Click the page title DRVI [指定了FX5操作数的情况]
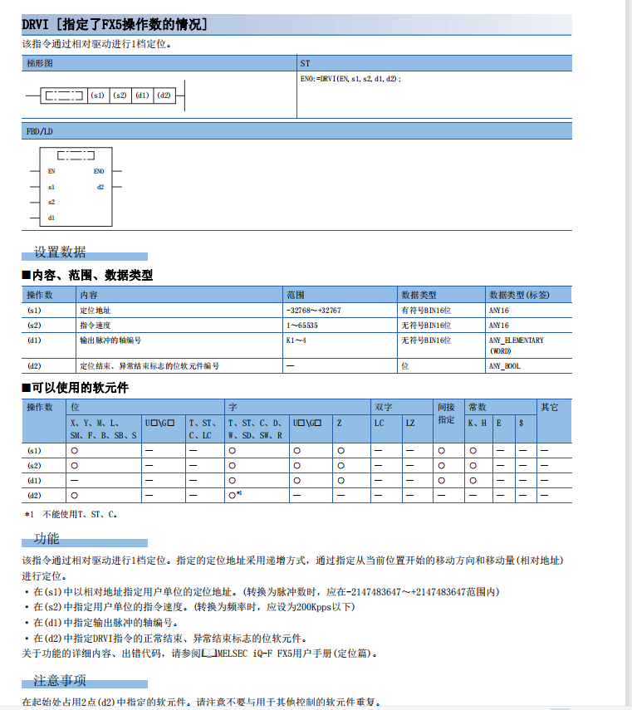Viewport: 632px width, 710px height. tap(115, 25)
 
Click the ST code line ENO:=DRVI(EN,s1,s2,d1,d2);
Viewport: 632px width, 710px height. tap(350, 79)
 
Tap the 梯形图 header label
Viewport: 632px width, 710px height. tap(40, 63)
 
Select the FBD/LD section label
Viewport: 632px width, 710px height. tap(40, 131)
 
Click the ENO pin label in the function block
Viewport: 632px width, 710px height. tap(99, 172)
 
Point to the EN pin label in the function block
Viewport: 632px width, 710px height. tap(51, 172)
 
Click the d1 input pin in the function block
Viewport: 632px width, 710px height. tap(51, 218)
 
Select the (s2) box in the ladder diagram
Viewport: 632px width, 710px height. tap(120, 95)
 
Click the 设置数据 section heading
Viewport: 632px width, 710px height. tap(59, 252)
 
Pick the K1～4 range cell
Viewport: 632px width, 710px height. tap(296, 340)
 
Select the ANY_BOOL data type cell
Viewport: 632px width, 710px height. tap(505, 365)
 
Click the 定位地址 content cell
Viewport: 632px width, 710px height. tap(95, 310)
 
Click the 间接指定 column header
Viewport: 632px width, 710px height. tap(447, 414)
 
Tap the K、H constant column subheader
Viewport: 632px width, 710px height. tap(478, 423)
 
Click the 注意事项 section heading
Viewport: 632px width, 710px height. tap(59, 682)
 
